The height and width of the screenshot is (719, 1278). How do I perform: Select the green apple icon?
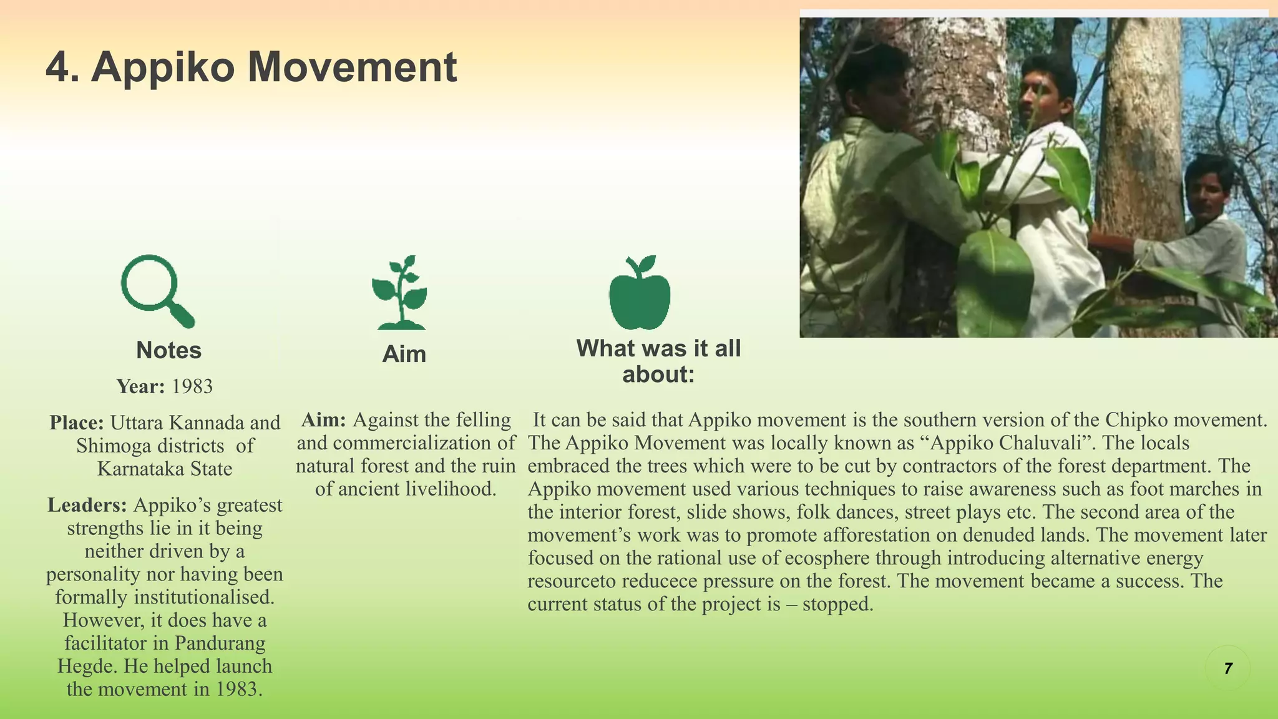tap(640, 293)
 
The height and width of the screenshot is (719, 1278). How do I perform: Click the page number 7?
tap(1227, 668)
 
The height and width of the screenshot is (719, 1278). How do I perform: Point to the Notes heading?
tap(168, 350)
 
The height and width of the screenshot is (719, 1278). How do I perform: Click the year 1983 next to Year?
tap(192, 386)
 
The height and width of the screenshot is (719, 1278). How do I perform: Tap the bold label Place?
tap(77, 423)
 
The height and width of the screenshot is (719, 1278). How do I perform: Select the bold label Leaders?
tap(87, 505)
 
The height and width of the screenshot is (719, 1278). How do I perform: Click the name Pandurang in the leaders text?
tap(220, 643)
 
